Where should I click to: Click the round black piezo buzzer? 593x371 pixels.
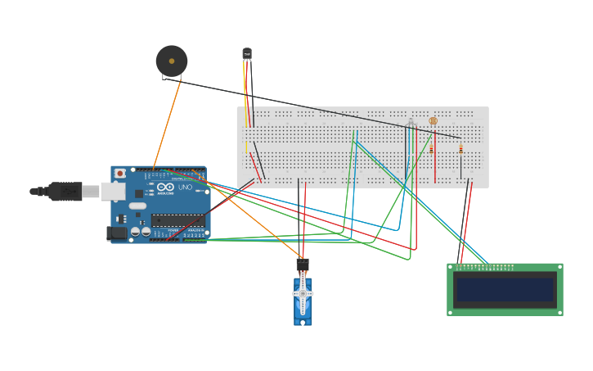[x=172, y=61]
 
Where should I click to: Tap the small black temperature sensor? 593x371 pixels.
[x=247, y=54]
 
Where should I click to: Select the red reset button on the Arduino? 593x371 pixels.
[x=120, y=174]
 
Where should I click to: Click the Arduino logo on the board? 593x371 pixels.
[x=165, y=188]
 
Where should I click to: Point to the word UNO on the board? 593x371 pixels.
[x=185, y=188]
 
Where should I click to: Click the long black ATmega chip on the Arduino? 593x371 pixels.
[x=177, y=220]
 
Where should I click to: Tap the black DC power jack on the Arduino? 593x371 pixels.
[x=118, y=233]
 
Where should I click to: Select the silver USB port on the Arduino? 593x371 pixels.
[x=113, y=192]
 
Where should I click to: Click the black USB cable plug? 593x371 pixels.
[x=65, y=192]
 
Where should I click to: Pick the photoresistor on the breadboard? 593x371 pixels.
[x=434, y=121]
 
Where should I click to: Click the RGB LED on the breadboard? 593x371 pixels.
[x=411, y=124]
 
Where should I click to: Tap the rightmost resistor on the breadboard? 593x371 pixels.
[x=460, y=149]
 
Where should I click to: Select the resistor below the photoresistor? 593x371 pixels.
[x=431, y=149]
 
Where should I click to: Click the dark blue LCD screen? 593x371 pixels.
[x=505, y=289]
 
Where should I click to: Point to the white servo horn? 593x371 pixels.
[x=303, y=293]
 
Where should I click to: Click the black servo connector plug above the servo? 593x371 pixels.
[x=303, y=265]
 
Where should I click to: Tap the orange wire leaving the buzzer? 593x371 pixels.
[x=168, y=123]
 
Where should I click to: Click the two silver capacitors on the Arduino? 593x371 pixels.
[x=141, y=232]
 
